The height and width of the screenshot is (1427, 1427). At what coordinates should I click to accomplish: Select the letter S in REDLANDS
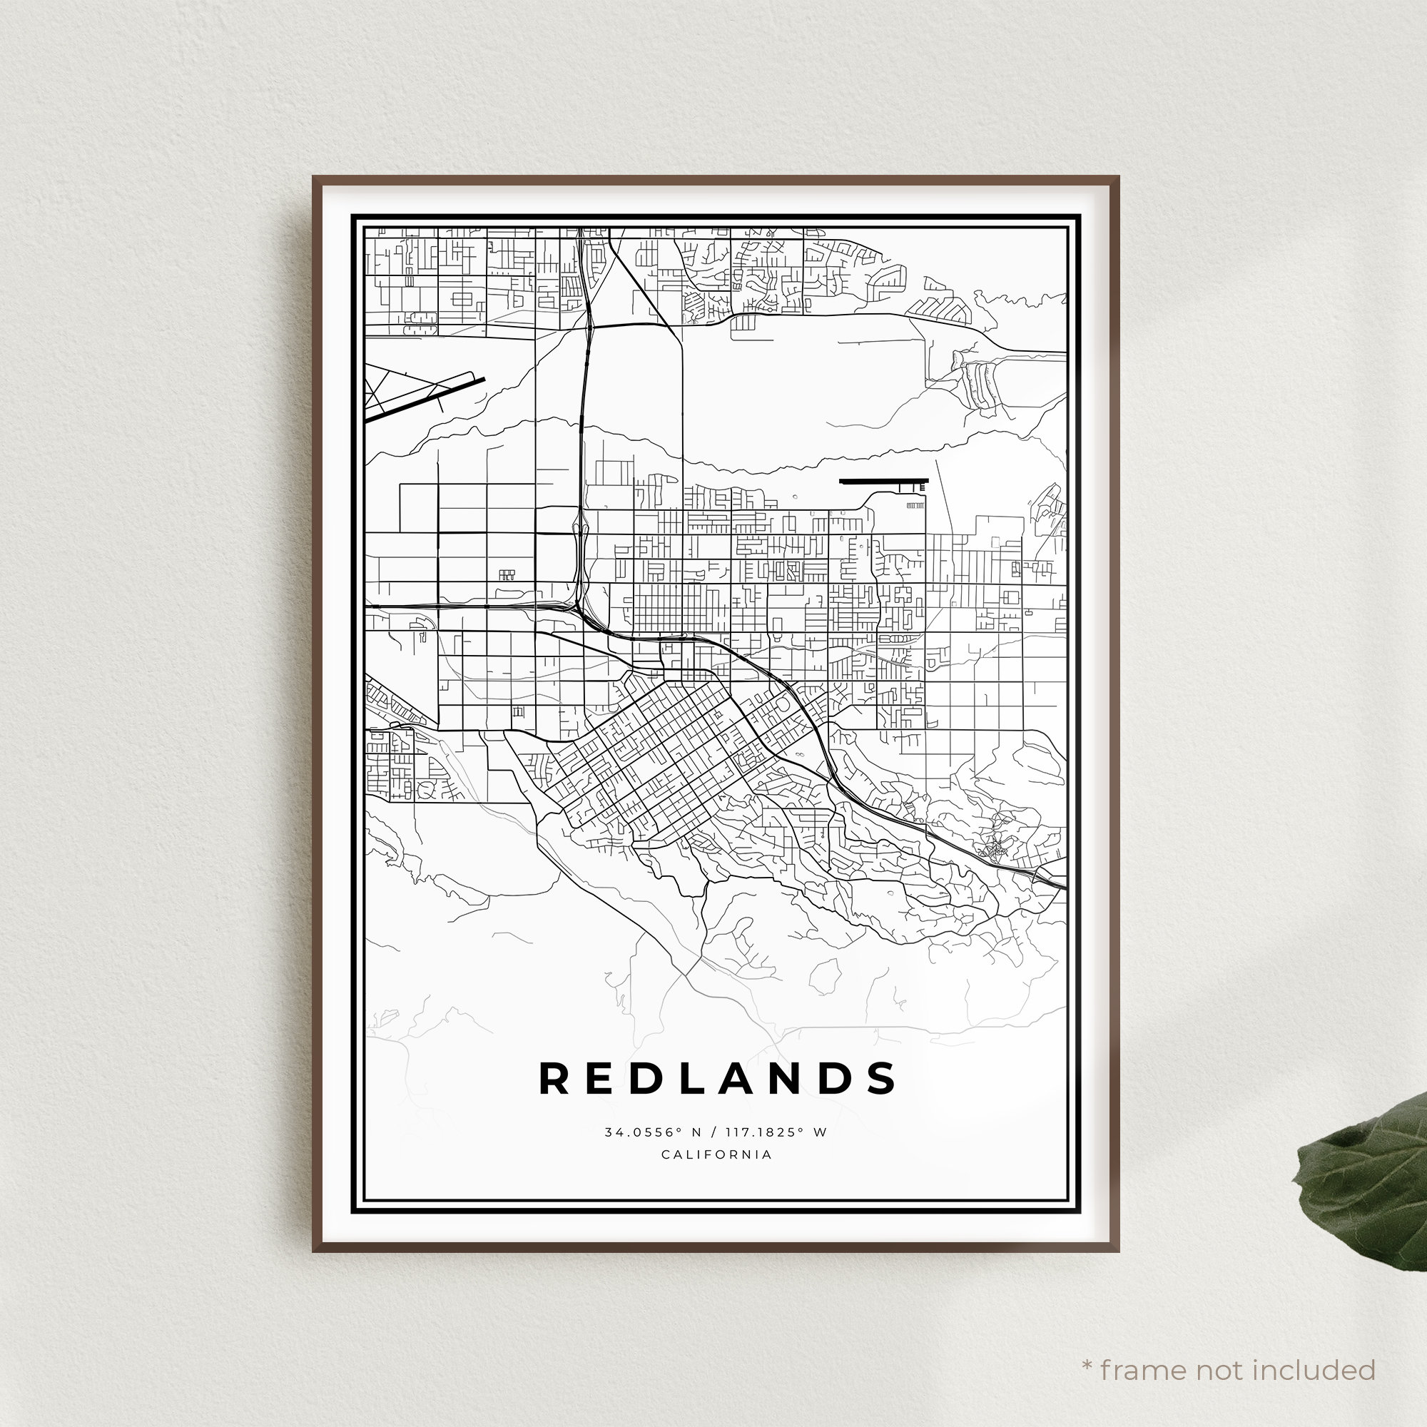click(x=883, y=1079)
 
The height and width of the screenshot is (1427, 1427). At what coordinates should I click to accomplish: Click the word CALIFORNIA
click(x=716, y=1154)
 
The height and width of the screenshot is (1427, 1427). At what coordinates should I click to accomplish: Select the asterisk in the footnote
click(x=1087, y=1345)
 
